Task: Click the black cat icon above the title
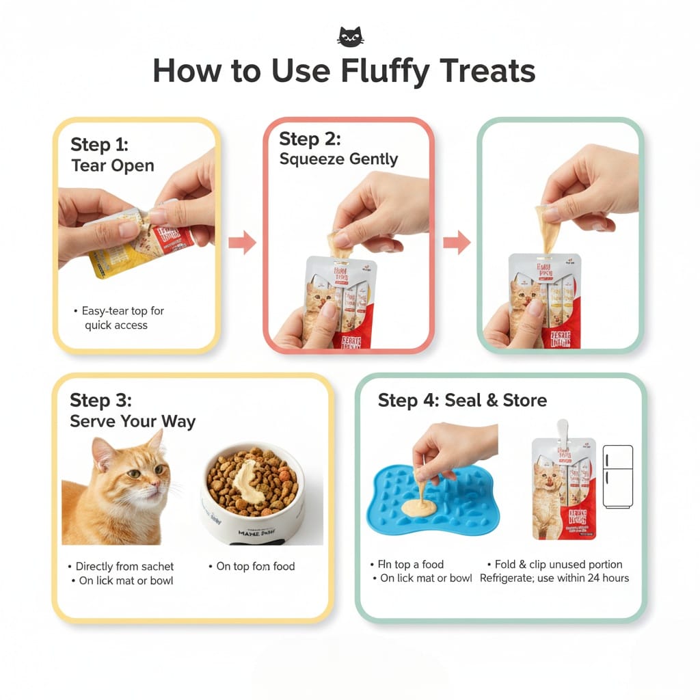coord(350,37)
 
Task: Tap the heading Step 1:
coord(99,144)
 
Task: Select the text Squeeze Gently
coord(338,159)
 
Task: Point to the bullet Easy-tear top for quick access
coord(120,318)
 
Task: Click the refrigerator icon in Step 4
coord(617,476)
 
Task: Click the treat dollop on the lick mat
coord(417,508)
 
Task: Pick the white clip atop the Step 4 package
coord(563,431)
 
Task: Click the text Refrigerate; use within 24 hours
coord(554,578)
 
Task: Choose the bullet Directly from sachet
coord(124,566)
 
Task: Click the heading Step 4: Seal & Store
coord(462,401)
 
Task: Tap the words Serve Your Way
coord(133,422)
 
